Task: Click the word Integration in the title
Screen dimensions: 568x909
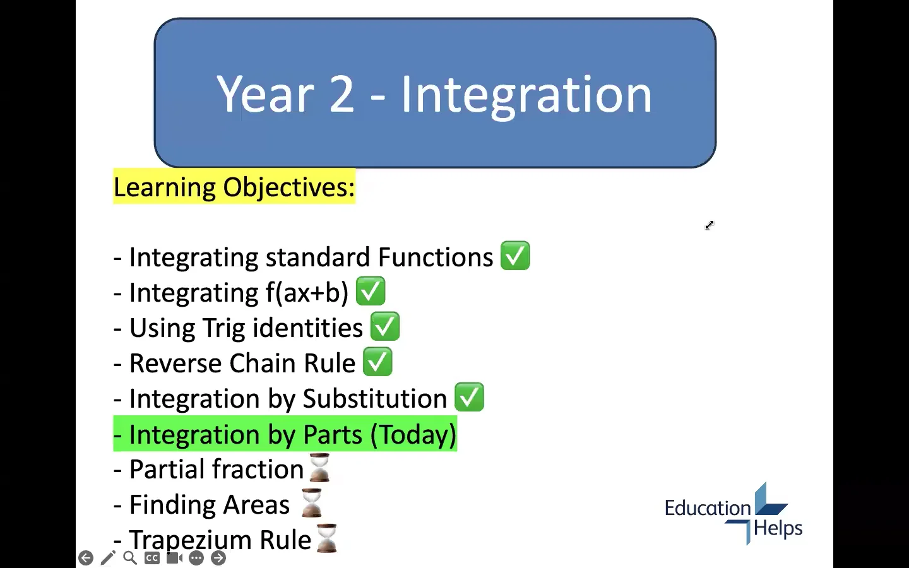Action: click(526, 95)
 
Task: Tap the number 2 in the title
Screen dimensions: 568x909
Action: click(342, 95)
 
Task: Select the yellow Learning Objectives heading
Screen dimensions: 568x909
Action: click(234, 187)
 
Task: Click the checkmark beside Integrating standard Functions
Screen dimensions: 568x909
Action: click(515, 256)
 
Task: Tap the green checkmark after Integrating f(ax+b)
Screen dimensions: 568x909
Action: click(371, 292)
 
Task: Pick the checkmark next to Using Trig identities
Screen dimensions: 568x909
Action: click(385, 327)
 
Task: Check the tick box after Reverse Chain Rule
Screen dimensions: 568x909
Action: click(377, 362)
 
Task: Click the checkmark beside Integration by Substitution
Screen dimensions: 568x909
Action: click(469, 398)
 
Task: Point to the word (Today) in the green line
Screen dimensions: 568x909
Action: click(413, 434)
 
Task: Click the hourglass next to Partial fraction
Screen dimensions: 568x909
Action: click(320, 468)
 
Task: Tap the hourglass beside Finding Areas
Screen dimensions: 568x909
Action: click(312, 503)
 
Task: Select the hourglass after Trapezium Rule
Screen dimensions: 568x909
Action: click(326, 538)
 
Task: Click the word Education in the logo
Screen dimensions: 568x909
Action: click(707, 508)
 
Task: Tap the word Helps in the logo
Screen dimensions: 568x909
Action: click(778, 528)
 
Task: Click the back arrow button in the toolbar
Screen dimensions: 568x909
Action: click(86, 558)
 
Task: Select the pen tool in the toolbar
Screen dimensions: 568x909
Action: click(108, 558)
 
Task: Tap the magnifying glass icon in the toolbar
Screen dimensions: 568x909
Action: click(130, 558)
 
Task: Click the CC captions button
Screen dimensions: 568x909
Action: click(152, 558)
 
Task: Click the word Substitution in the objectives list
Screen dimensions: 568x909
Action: click(375, 399)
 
